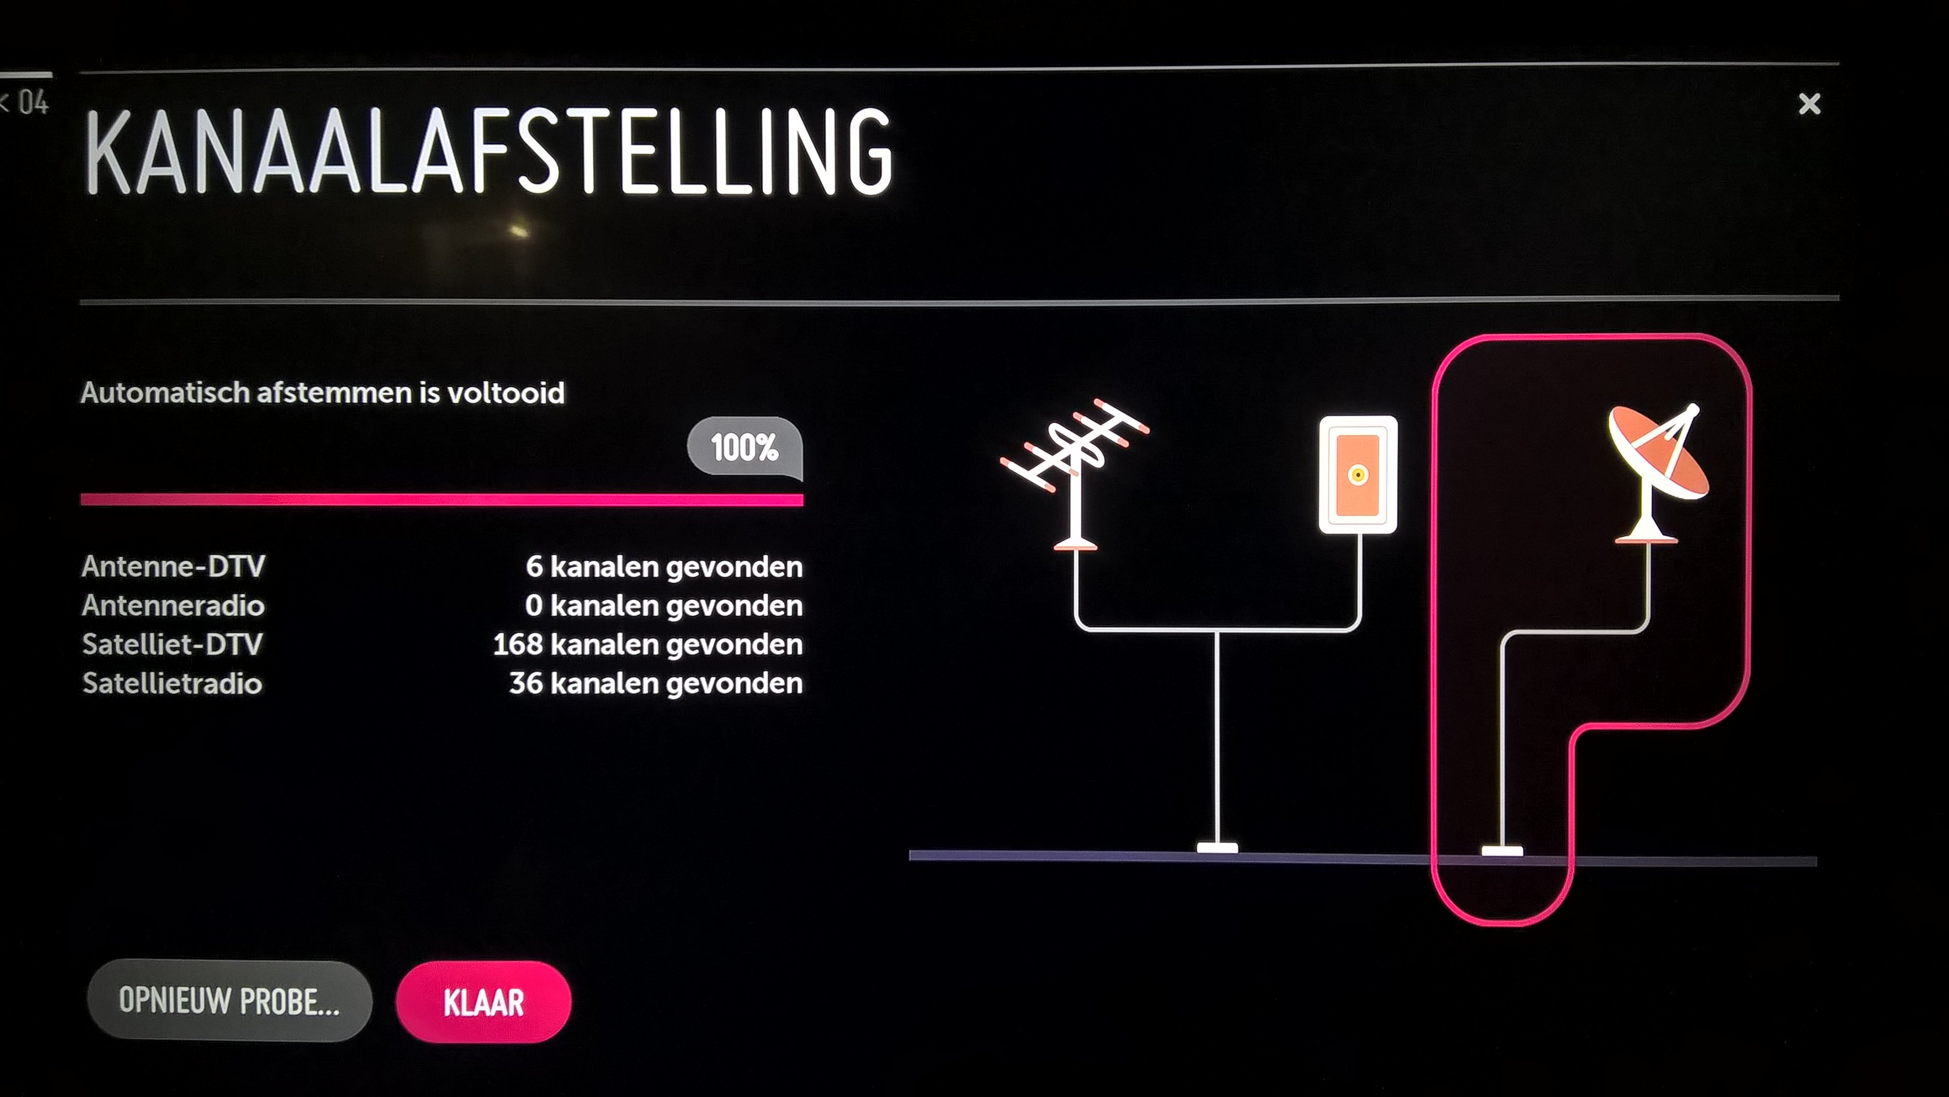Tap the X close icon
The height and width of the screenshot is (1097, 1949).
[1809, 104]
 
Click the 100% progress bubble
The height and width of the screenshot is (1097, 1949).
[745, 447]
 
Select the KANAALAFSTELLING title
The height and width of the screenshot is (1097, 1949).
[489, 151]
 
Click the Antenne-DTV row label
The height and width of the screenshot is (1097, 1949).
[173, 566]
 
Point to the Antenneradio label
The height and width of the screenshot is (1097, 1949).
[173, 605]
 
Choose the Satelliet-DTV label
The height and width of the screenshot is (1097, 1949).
[173, 645]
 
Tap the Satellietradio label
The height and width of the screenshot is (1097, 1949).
[173, 684]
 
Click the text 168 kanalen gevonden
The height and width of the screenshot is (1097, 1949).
[648, 645]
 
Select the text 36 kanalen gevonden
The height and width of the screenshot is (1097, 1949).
[656, 684]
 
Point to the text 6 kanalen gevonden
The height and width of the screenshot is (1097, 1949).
[664, 567]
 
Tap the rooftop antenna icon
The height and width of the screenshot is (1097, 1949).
[1074, 473]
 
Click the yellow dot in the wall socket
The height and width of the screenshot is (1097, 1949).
[1358, 475]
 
